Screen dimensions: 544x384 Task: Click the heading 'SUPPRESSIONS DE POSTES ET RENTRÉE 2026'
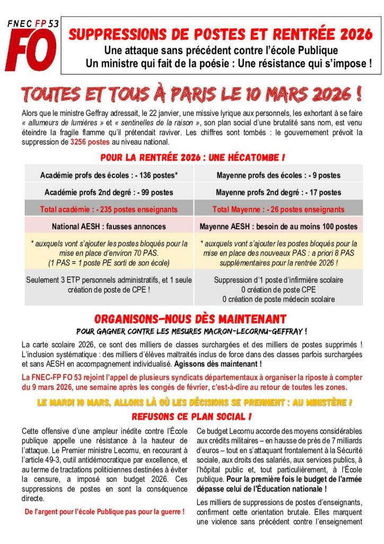[x=221, y=35]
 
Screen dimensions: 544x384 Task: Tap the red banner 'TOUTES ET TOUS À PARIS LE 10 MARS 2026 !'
[x=192, y=95]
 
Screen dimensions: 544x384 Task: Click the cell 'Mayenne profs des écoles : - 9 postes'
[x=278, y=175]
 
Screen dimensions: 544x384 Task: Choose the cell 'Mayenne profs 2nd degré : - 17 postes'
[x=278, y=192]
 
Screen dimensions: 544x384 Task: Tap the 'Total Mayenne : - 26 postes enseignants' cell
[x=278, y=209]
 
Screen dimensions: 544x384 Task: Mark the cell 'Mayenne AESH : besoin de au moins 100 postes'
[x=278, y=226]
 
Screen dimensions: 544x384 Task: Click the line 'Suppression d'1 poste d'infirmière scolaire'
[x=278, y=280]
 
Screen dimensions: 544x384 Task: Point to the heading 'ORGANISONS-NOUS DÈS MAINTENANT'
[x=191, y=319]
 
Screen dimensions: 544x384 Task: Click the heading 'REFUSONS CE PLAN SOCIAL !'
[x=191, y=416]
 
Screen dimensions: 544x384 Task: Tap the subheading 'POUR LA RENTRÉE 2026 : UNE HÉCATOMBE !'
[x=191, y=158]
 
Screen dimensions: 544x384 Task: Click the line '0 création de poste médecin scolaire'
[x=278, y=299]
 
